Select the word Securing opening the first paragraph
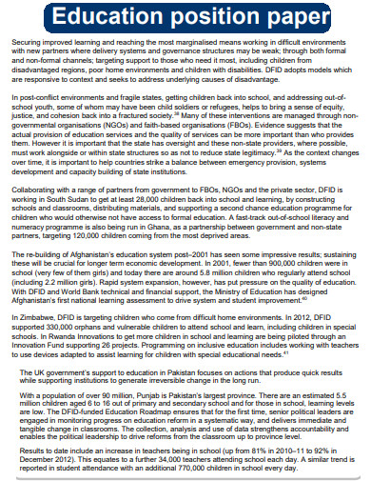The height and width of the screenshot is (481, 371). pos(28,43)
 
